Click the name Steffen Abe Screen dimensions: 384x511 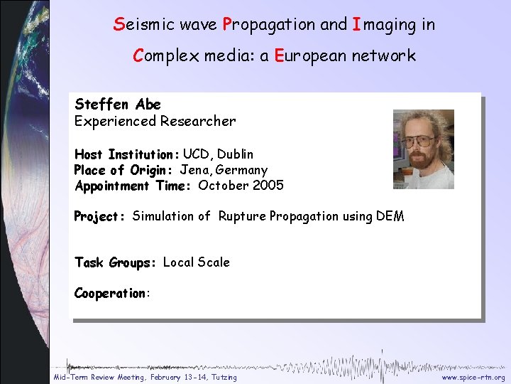(118, 105)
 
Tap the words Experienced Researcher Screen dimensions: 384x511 (155, 121)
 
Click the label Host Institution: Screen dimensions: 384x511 (126, 154)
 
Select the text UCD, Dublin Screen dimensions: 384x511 (218, 154)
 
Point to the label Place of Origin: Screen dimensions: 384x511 (125, 171)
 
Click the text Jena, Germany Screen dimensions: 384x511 (224, 171)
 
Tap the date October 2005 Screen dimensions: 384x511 (241, 186)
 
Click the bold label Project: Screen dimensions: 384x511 (100, 216)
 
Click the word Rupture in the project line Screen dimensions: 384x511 (242, 216)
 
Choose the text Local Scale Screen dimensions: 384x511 (197, 262)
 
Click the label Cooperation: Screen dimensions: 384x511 (112, 294)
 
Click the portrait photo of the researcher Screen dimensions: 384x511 (424, 149)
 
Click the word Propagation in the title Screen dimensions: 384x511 (270, 25)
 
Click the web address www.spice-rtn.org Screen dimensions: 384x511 (473, 378)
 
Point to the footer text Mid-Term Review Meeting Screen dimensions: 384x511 (104, 378)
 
